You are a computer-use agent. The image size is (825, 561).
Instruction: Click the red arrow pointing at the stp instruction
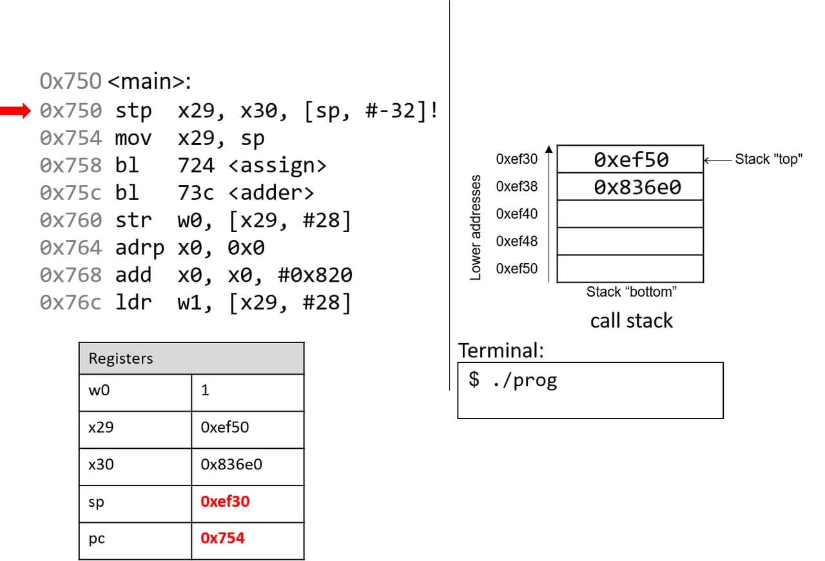coord(15,111)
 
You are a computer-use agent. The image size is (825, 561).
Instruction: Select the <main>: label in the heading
coord(150,81)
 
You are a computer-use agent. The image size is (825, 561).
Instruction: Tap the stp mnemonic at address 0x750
coord(133,111)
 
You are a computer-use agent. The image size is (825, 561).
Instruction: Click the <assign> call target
coord(277,166)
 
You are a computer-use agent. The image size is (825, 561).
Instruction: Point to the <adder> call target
coord(271,193)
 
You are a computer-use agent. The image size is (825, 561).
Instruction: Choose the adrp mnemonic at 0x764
coord(139,248)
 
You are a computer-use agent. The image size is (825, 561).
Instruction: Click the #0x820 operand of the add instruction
coord(315,275)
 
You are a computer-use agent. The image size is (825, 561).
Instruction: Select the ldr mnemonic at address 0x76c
coord(133,302)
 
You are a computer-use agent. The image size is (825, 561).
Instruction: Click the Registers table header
coord(191,359)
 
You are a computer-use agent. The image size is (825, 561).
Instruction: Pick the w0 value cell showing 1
coord(248,393)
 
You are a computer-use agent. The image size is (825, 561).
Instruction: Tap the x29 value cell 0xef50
coord(248,429)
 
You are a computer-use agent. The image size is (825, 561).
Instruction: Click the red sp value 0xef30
coord(225,501)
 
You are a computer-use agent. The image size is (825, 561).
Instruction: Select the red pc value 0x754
coord(222,538)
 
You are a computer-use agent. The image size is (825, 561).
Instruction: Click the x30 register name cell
coord(135,467)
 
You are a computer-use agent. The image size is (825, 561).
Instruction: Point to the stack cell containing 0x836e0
coord(630,186)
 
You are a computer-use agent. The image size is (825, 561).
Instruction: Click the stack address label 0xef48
coord(516,241)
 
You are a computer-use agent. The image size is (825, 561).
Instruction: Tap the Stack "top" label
coord(768,159)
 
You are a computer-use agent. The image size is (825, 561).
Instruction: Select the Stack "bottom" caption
coord(631,291)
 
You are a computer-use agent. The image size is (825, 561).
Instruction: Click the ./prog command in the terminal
coord(525,380)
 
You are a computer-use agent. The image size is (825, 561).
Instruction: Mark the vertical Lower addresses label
coord(476,228)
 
